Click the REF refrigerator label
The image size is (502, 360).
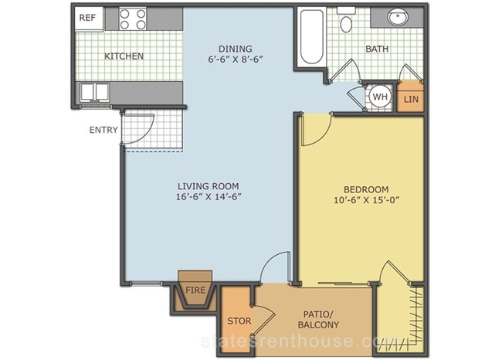[x=87, y=18]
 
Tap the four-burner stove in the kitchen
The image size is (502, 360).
[x=133, y=19]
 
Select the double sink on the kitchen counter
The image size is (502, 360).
[x=94, y=92]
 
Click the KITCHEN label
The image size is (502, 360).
[x=124, y=56]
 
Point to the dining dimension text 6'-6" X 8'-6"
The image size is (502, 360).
[x=236, y=59]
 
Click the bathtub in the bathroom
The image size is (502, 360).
[x=311, y=37]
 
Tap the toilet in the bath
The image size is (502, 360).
[x=346, y=20]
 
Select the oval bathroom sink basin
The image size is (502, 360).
[x=398, y=16]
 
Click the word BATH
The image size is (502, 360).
[x=377, y=49]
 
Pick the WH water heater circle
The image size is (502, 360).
[x=380, y=97]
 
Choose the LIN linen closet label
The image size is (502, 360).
[x=411, y=100]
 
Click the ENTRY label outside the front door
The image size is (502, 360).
[x=103, y=130]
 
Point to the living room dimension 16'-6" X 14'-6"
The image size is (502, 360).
[x=209, y=197]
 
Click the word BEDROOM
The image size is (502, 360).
[x=366, y=189]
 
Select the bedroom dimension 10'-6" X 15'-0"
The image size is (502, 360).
[x=367, y=200]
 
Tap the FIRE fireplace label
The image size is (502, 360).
[x=195, y=290]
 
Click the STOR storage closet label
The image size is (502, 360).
[x=239, y=321]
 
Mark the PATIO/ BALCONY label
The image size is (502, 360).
[x=318, y=319]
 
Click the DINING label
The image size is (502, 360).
[x=236, y=49]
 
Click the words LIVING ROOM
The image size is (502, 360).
[x=209, y=186]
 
